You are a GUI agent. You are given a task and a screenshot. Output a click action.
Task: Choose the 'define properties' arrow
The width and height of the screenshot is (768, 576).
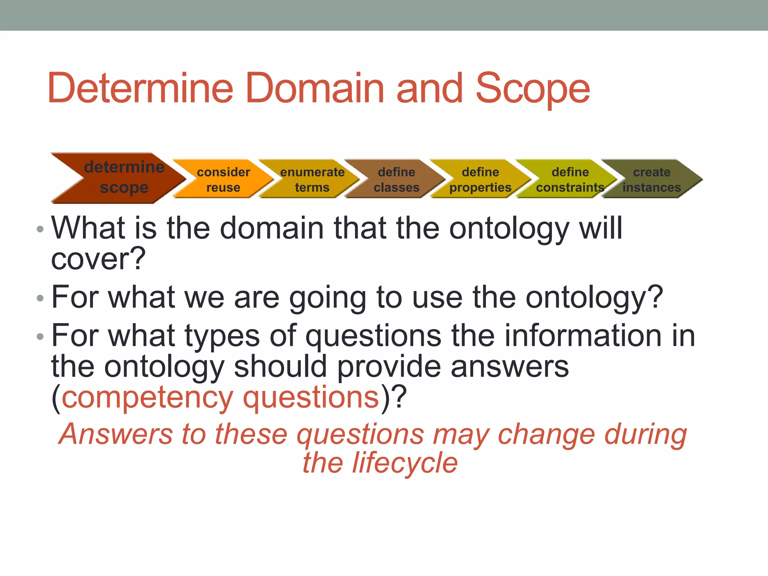tap(480, 179)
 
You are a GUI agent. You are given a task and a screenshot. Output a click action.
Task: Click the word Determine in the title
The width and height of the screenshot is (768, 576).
tap(141, 88)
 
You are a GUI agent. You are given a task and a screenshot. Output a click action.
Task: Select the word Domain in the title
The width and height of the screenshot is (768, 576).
tap(315, 88)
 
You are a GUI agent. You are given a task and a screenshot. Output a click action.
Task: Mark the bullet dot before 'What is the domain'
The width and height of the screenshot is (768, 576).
tap(40, 229)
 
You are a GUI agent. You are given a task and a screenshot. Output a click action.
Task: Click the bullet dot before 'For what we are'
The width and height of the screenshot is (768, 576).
tap(40, 298)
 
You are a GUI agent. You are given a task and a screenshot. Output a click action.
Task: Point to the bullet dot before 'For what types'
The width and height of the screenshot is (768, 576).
tap(40, 337)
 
